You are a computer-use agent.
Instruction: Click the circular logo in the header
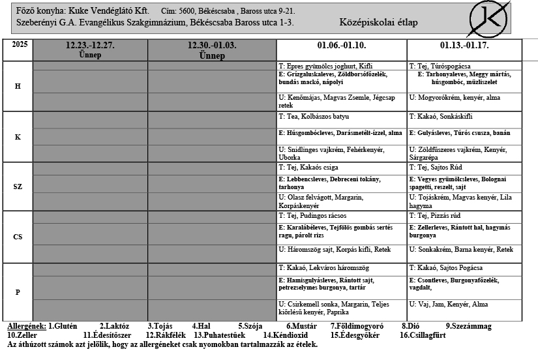(x=490, y=19)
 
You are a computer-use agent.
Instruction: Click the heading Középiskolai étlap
(x=379, y=23)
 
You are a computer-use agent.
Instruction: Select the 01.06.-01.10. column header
(x=342, y=46)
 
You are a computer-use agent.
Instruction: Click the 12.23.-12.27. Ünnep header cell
(x=90, y=50)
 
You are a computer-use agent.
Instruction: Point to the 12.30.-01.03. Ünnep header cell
(x=212, y=50)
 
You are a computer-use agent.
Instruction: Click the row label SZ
(x=18, y=187)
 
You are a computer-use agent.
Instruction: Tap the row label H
(x=18, y=87)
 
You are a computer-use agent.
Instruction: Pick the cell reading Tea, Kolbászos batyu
(x=342, y=117)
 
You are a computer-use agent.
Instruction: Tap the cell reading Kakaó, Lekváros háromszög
(x=342, y=268)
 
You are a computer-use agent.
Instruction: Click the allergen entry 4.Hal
(x=203, y=326)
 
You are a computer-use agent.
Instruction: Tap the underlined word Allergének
(x=26, y=326)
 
